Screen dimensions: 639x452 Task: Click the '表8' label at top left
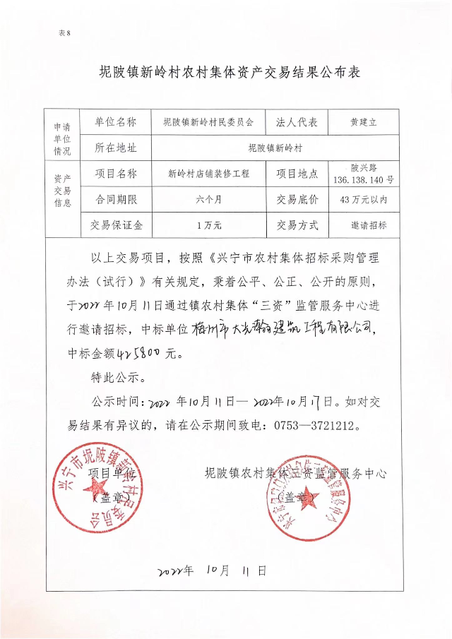[x=65, y=33]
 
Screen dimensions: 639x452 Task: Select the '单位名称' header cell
[x=115, y=122]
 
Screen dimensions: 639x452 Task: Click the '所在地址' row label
[x=115, y=148]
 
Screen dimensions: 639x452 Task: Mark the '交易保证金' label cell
[x=115, y=226]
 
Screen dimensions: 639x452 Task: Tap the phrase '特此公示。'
[x=119, y=377]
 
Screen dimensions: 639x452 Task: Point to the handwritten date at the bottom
[x=211, y=570]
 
